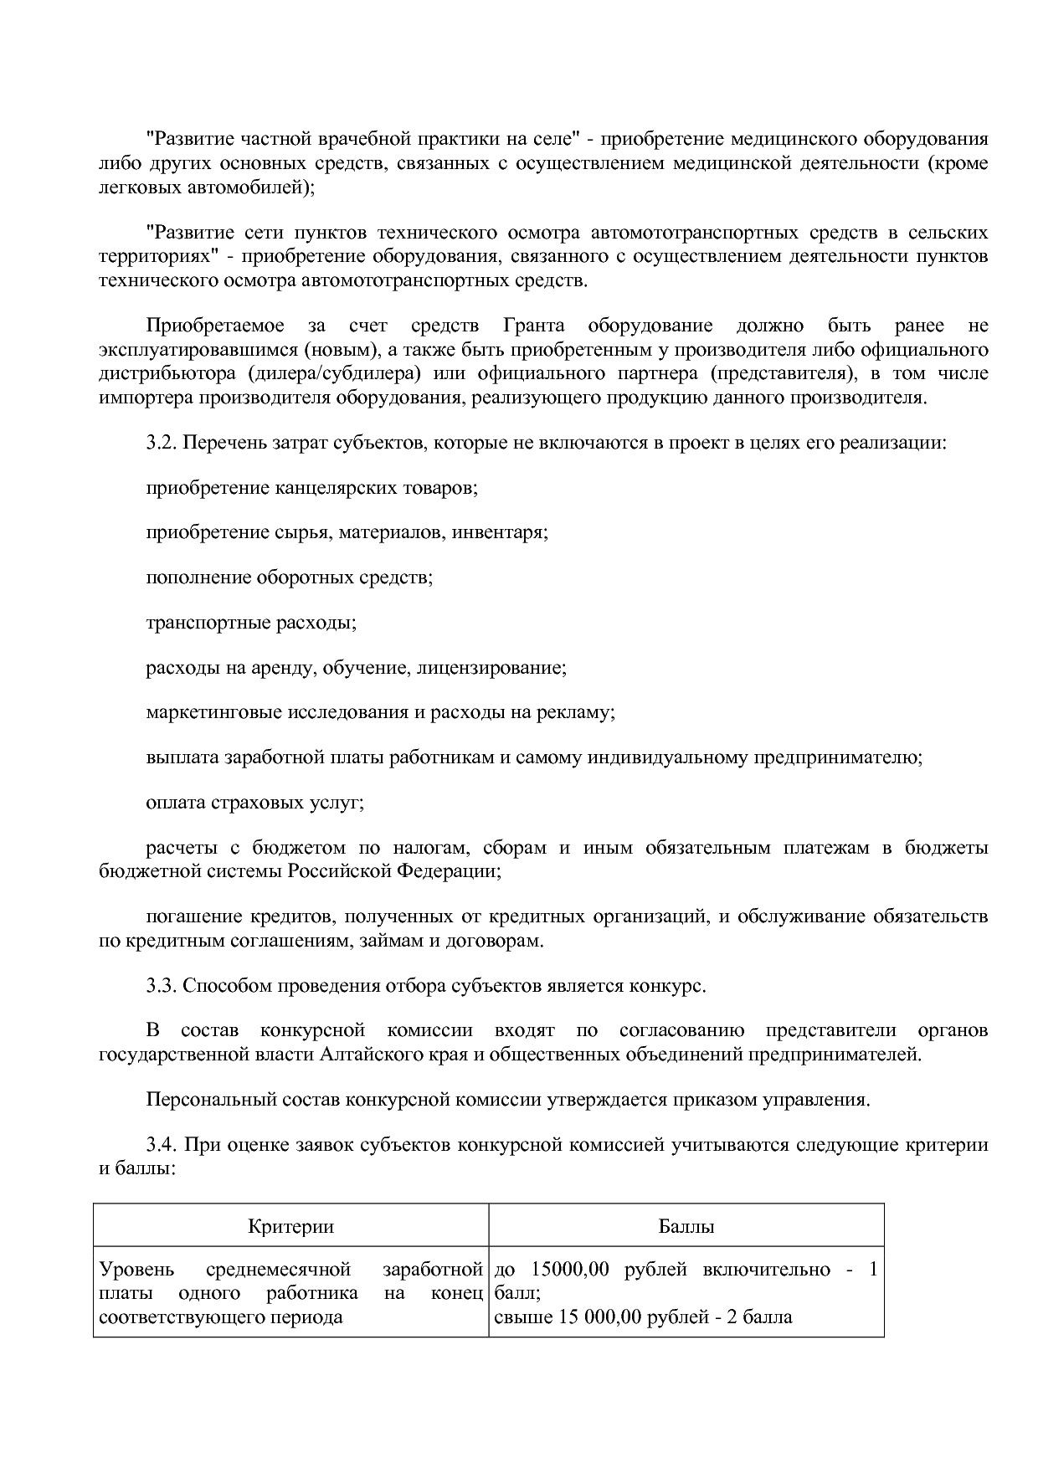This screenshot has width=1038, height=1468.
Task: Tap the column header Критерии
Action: point(290,1226)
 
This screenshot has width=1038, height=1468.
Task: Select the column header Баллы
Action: point(686,1226)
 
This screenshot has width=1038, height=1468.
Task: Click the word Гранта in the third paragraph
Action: point(533,326)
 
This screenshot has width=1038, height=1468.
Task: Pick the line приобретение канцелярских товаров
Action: point(311,487)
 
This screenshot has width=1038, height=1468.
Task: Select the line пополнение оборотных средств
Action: point(289,577)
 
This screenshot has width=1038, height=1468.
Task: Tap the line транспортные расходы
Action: point(251,623)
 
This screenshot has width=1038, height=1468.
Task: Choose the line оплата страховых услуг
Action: point(254,803)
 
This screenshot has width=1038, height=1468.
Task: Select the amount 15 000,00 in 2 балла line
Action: point(591,1317)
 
